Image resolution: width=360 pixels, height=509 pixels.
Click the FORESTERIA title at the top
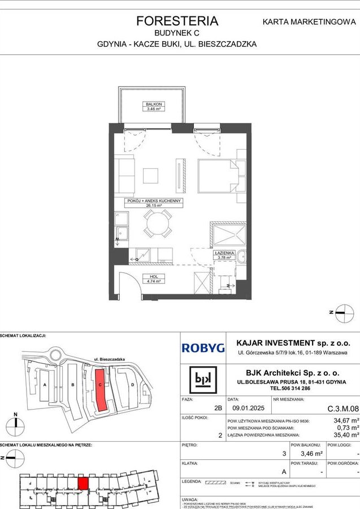pyautogui.click(x=177, y=21)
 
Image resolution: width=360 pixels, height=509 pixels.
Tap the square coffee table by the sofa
pyautogui.click(x=151, y=176)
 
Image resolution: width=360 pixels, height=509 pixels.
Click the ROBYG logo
pyautogui.click(x=202, y=349)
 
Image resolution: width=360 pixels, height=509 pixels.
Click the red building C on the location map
pyautogui.click(x=101, y=390)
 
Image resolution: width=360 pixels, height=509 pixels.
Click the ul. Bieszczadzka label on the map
pyautogui.click(x=107, y=359)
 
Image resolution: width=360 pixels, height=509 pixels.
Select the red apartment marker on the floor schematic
pyautogui.click(x=83, y=483)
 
